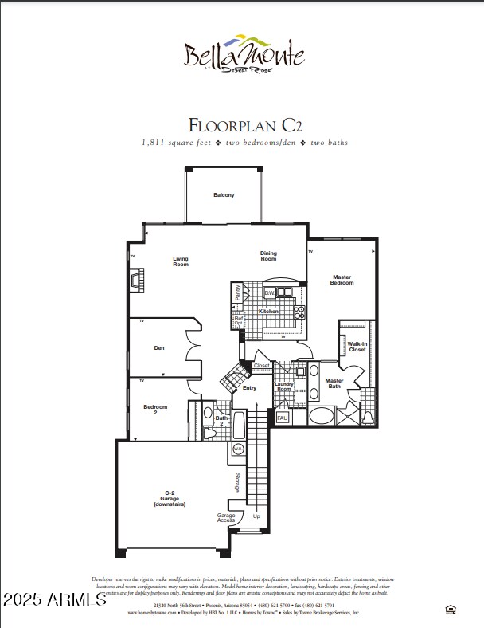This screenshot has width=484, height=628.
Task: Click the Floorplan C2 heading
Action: coord(244,124)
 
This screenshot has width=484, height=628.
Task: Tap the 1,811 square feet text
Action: coord(181,143)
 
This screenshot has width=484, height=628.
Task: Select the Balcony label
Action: coord(224,195)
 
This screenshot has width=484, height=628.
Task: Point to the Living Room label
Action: coord(181,261)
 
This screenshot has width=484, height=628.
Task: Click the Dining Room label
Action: coord(268,256)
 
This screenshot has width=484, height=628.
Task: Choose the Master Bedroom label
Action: coord(342,281)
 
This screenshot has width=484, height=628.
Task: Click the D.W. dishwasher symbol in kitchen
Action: coord(269,293)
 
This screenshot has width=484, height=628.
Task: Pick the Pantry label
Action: coord(237,292)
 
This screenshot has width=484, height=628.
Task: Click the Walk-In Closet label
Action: coord(357,347)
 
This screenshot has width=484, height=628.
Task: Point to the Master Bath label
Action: coord(334,383)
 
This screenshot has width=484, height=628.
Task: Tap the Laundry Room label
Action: coord(284,387)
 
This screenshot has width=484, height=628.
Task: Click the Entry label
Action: coord(249,388)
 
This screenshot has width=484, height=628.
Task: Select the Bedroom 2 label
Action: coord(155,410)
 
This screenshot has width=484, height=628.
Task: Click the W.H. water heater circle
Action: coord(237,449)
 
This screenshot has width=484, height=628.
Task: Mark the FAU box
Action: coord(282,417)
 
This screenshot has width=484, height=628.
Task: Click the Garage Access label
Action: coord(226,517)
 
